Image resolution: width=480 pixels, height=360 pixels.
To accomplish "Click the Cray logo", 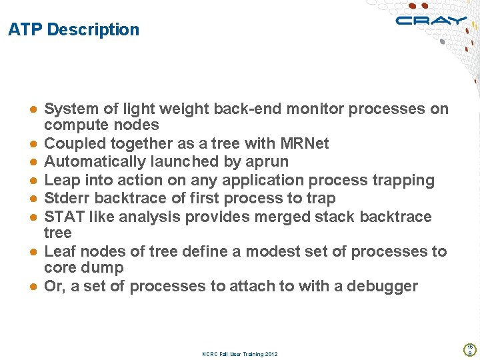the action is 430,20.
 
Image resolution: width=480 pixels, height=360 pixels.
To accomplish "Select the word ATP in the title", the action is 25,30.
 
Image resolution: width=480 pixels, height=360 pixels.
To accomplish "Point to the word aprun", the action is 265,162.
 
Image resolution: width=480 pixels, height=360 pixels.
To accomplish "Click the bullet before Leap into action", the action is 32,181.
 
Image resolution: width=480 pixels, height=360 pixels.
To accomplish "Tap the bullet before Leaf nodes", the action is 32,252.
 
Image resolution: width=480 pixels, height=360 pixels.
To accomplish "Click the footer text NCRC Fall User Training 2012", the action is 239,354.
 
